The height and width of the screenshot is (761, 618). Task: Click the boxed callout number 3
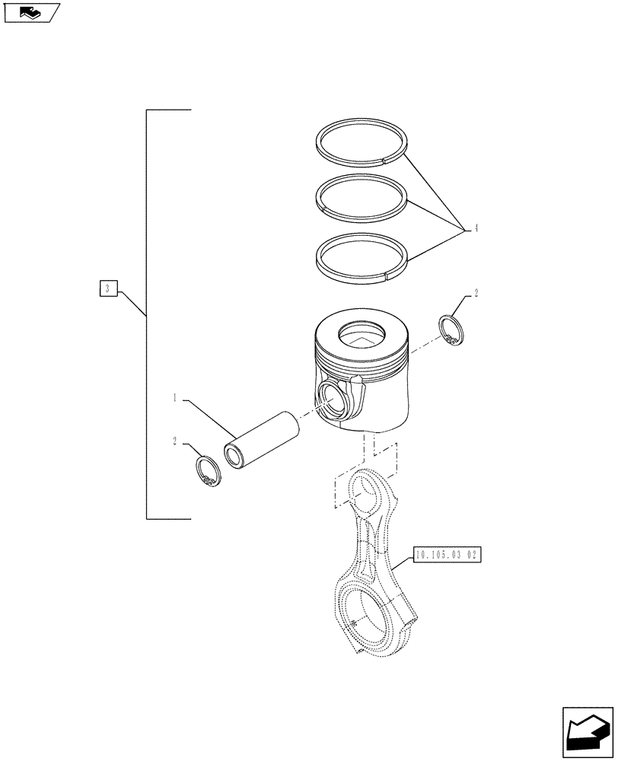(x=108, y=288)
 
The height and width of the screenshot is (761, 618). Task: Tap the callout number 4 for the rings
(x=476, y=227)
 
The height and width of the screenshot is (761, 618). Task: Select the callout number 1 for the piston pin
(x=175, y=397)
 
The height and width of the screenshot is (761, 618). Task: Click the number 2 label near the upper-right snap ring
(x=476, y=292)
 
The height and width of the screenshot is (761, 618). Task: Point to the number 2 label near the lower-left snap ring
(x=175, y=441)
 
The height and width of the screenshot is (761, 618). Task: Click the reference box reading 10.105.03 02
(x=448, y=556)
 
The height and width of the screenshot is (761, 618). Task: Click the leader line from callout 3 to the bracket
(x=131, y=302)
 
